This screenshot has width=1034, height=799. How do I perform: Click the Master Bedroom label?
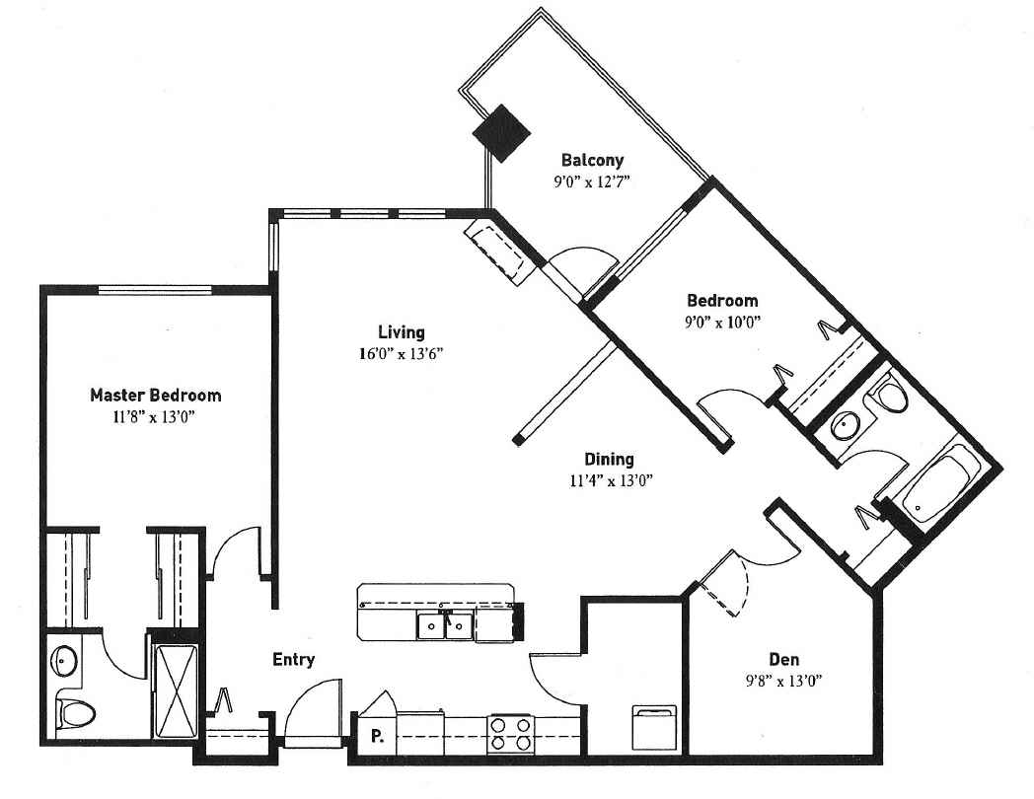156,396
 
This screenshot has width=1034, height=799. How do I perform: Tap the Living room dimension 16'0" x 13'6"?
401,354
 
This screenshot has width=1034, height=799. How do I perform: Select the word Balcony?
592,160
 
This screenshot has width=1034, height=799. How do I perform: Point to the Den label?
784,659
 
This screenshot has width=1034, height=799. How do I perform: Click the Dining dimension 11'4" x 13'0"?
612,480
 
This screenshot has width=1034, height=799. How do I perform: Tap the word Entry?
293,660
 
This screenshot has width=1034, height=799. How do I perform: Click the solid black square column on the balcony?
502,133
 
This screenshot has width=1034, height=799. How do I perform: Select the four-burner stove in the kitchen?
511,735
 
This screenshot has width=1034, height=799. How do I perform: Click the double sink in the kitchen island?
444,625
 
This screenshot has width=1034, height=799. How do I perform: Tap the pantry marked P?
377,735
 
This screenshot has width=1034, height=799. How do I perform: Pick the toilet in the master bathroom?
75,712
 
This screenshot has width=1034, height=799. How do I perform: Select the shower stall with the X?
175,691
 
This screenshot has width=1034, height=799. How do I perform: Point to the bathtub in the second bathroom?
939,484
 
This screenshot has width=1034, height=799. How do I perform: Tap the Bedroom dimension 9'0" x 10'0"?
723,323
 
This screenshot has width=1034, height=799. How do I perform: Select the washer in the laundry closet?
654,728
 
